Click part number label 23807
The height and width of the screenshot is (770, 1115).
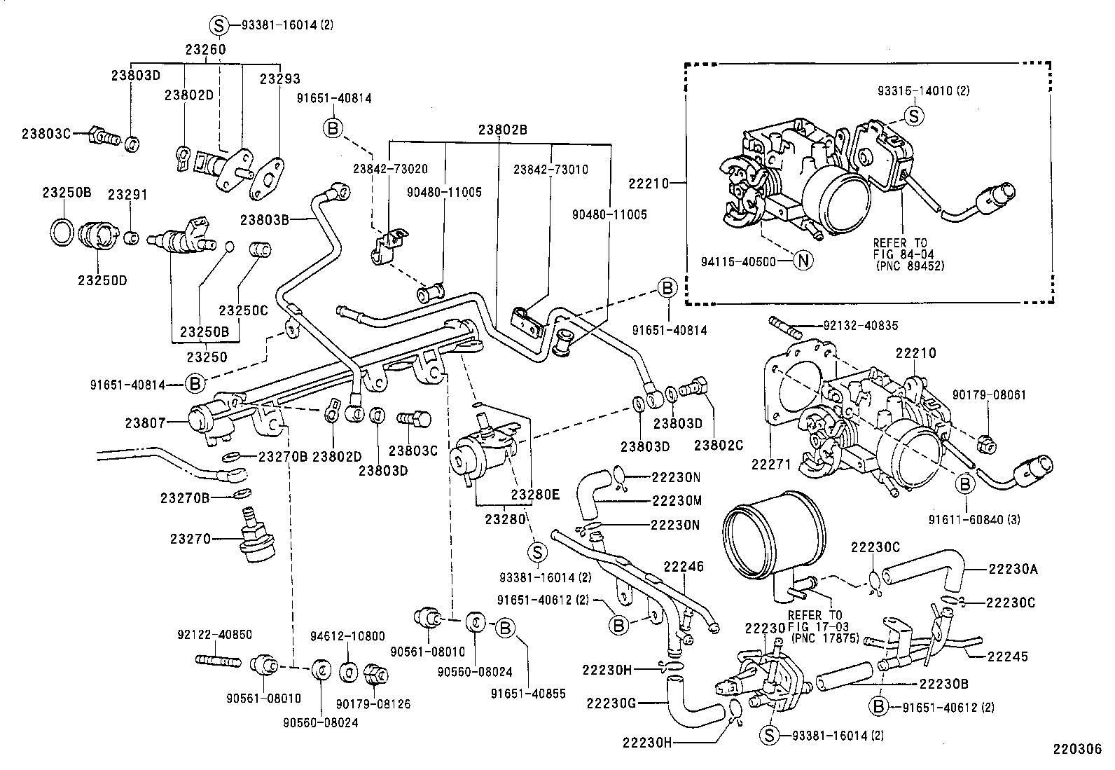tap(145, 422)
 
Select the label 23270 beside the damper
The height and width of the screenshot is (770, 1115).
tap(190, 539)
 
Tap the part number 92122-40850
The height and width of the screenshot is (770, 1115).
tap(214, 635)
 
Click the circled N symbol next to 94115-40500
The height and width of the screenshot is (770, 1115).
tap(804, 261)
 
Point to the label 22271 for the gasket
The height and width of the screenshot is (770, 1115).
tap(771, 464)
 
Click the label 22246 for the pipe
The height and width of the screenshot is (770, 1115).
tap(684, 566)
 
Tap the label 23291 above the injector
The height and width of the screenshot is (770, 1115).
tap(127, 195)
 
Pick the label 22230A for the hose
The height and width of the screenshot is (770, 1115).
tap(1013, 570)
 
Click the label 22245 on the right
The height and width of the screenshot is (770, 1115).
tap(1008, 656)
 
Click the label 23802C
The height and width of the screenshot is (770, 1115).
tap(719, 444)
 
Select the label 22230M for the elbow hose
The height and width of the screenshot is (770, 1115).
tap(676, 501)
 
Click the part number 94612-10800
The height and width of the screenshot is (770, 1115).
tap(347, 636)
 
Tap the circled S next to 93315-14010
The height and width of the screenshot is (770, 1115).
tap(913, 116)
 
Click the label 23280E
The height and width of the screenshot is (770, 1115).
tap(535, 494)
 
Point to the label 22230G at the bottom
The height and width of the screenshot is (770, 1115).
tap(611, 703)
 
